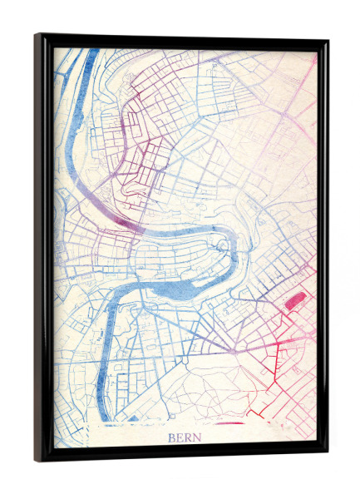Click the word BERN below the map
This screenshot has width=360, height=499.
184,437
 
